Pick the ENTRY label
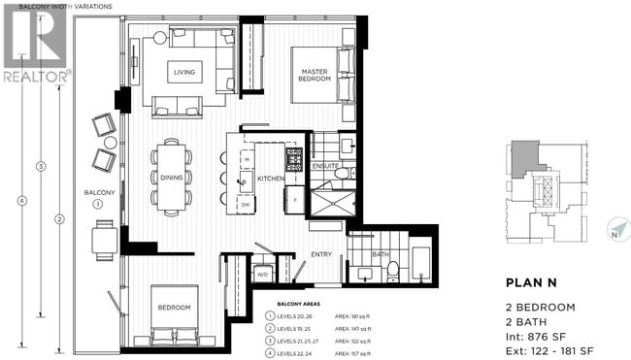[x=320, y=254]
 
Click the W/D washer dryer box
[x=261, y=275]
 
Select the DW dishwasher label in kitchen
[x=247, y=205]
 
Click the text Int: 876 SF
[x=541, y=331]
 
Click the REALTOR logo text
[x=36, y=75]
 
